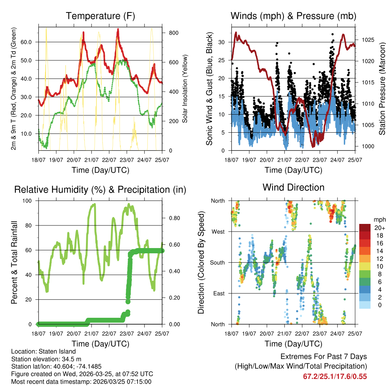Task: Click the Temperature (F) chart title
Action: click(x=100, y=16)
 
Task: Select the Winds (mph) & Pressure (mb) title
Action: click(x=293, y=16)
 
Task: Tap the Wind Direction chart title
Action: click(x=293, y=187)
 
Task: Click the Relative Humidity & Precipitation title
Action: click(x=100, y=190)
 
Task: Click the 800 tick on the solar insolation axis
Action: click(x=173, y=33)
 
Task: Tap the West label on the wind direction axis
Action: click(x=218, y=231)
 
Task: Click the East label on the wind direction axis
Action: click(x=218, y=293)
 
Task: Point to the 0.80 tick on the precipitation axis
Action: click(x=172, y=218)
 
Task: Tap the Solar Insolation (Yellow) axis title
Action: click(x=185, y=89)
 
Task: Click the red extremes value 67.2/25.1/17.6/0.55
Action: click(x=335, y=377)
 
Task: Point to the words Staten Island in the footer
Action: click(x=58, y=352)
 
